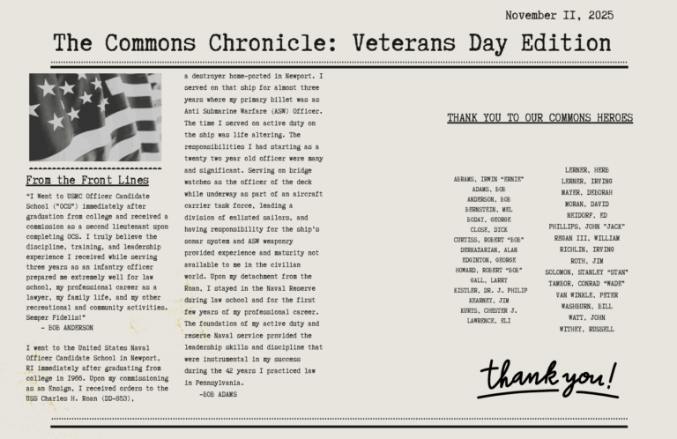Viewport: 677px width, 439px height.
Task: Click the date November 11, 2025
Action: tap(559, 15)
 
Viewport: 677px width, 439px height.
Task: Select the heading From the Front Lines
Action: tap(87, 181)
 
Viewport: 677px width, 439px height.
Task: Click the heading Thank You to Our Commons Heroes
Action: tap(539, 118)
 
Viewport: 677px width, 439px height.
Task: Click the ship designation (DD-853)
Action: tap(128, 398)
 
